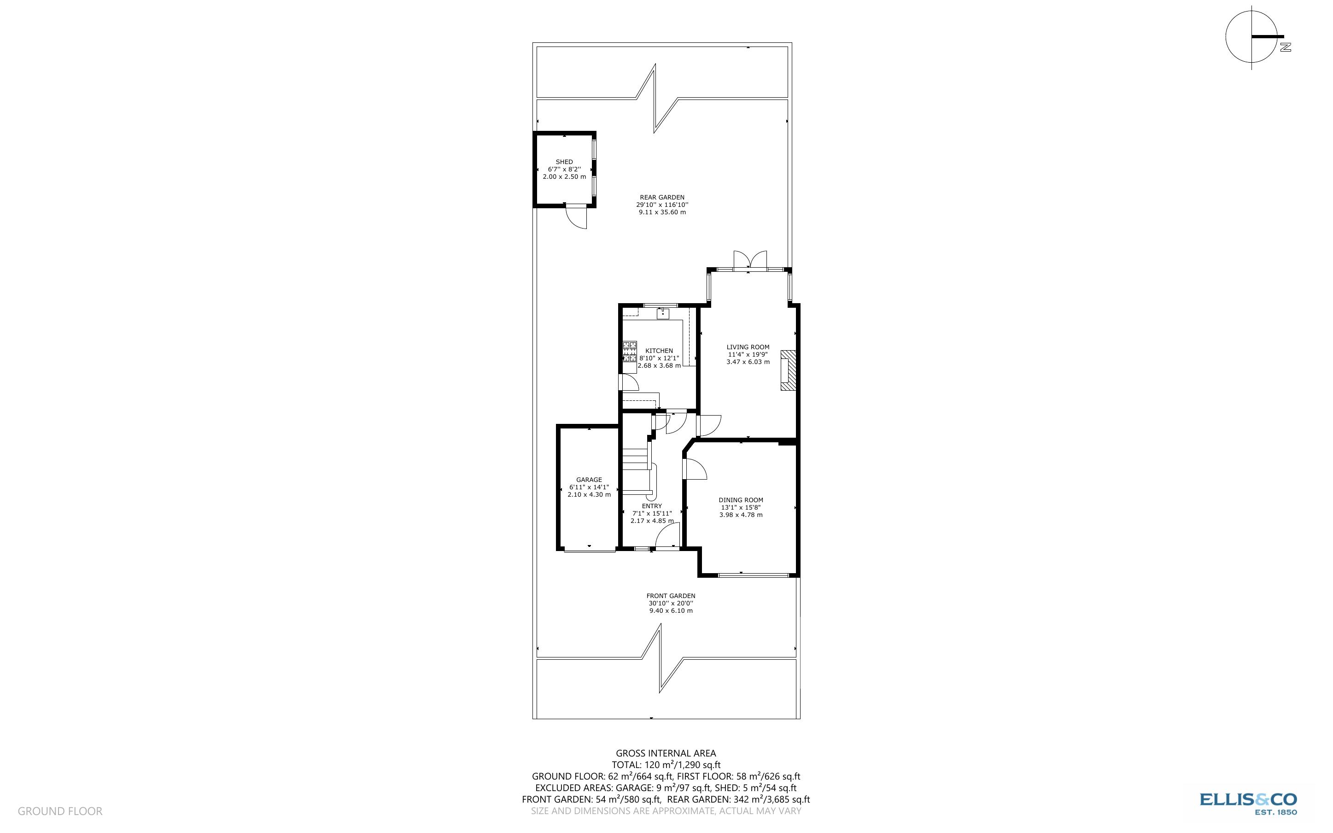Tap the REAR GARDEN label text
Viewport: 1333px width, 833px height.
(x=662, y=197)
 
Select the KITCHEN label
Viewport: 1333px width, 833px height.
(x=659, y=351)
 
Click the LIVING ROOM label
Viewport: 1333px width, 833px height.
(x=748, y=347)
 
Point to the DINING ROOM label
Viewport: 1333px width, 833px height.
(x=741, y=500)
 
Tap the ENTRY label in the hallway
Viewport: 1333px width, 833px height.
(x=651, y=506)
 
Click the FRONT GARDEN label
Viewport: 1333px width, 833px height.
(x=670, y=596)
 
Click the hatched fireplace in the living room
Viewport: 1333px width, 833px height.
(x=788, y=370)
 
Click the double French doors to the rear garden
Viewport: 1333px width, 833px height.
(x=750, y=261)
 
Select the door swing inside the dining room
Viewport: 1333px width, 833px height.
(x=695, y=470)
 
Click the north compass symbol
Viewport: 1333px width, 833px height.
(x=1252, y=37)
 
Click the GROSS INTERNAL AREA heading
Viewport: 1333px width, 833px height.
(x=666, y=753)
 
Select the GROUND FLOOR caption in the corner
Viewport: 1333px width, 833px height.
(x=60, y=811)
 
